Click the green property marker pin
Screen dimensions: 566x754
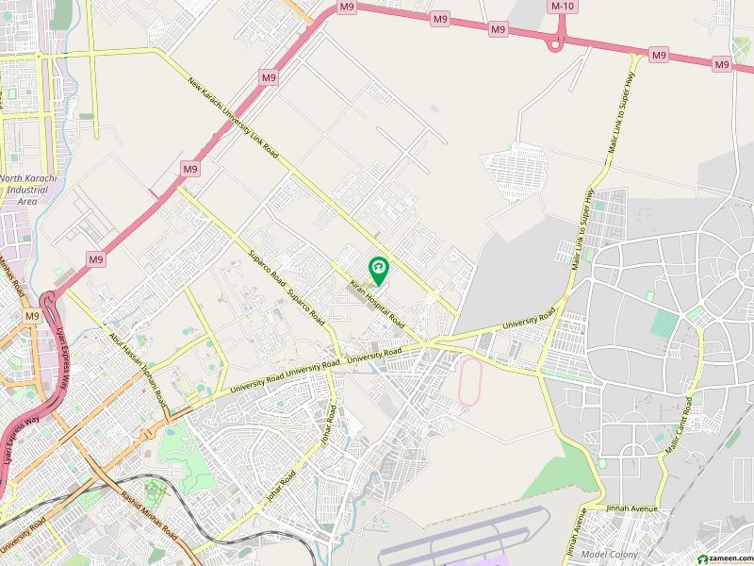click(x=378, y=271)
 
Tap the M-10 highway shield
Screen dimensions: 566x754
click(x=563, y=6)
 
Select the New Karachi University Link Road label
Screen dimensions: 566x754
click(x=233, y=117)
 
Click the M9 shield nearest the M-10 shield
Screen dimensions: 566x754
click(x=499, y=30)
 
